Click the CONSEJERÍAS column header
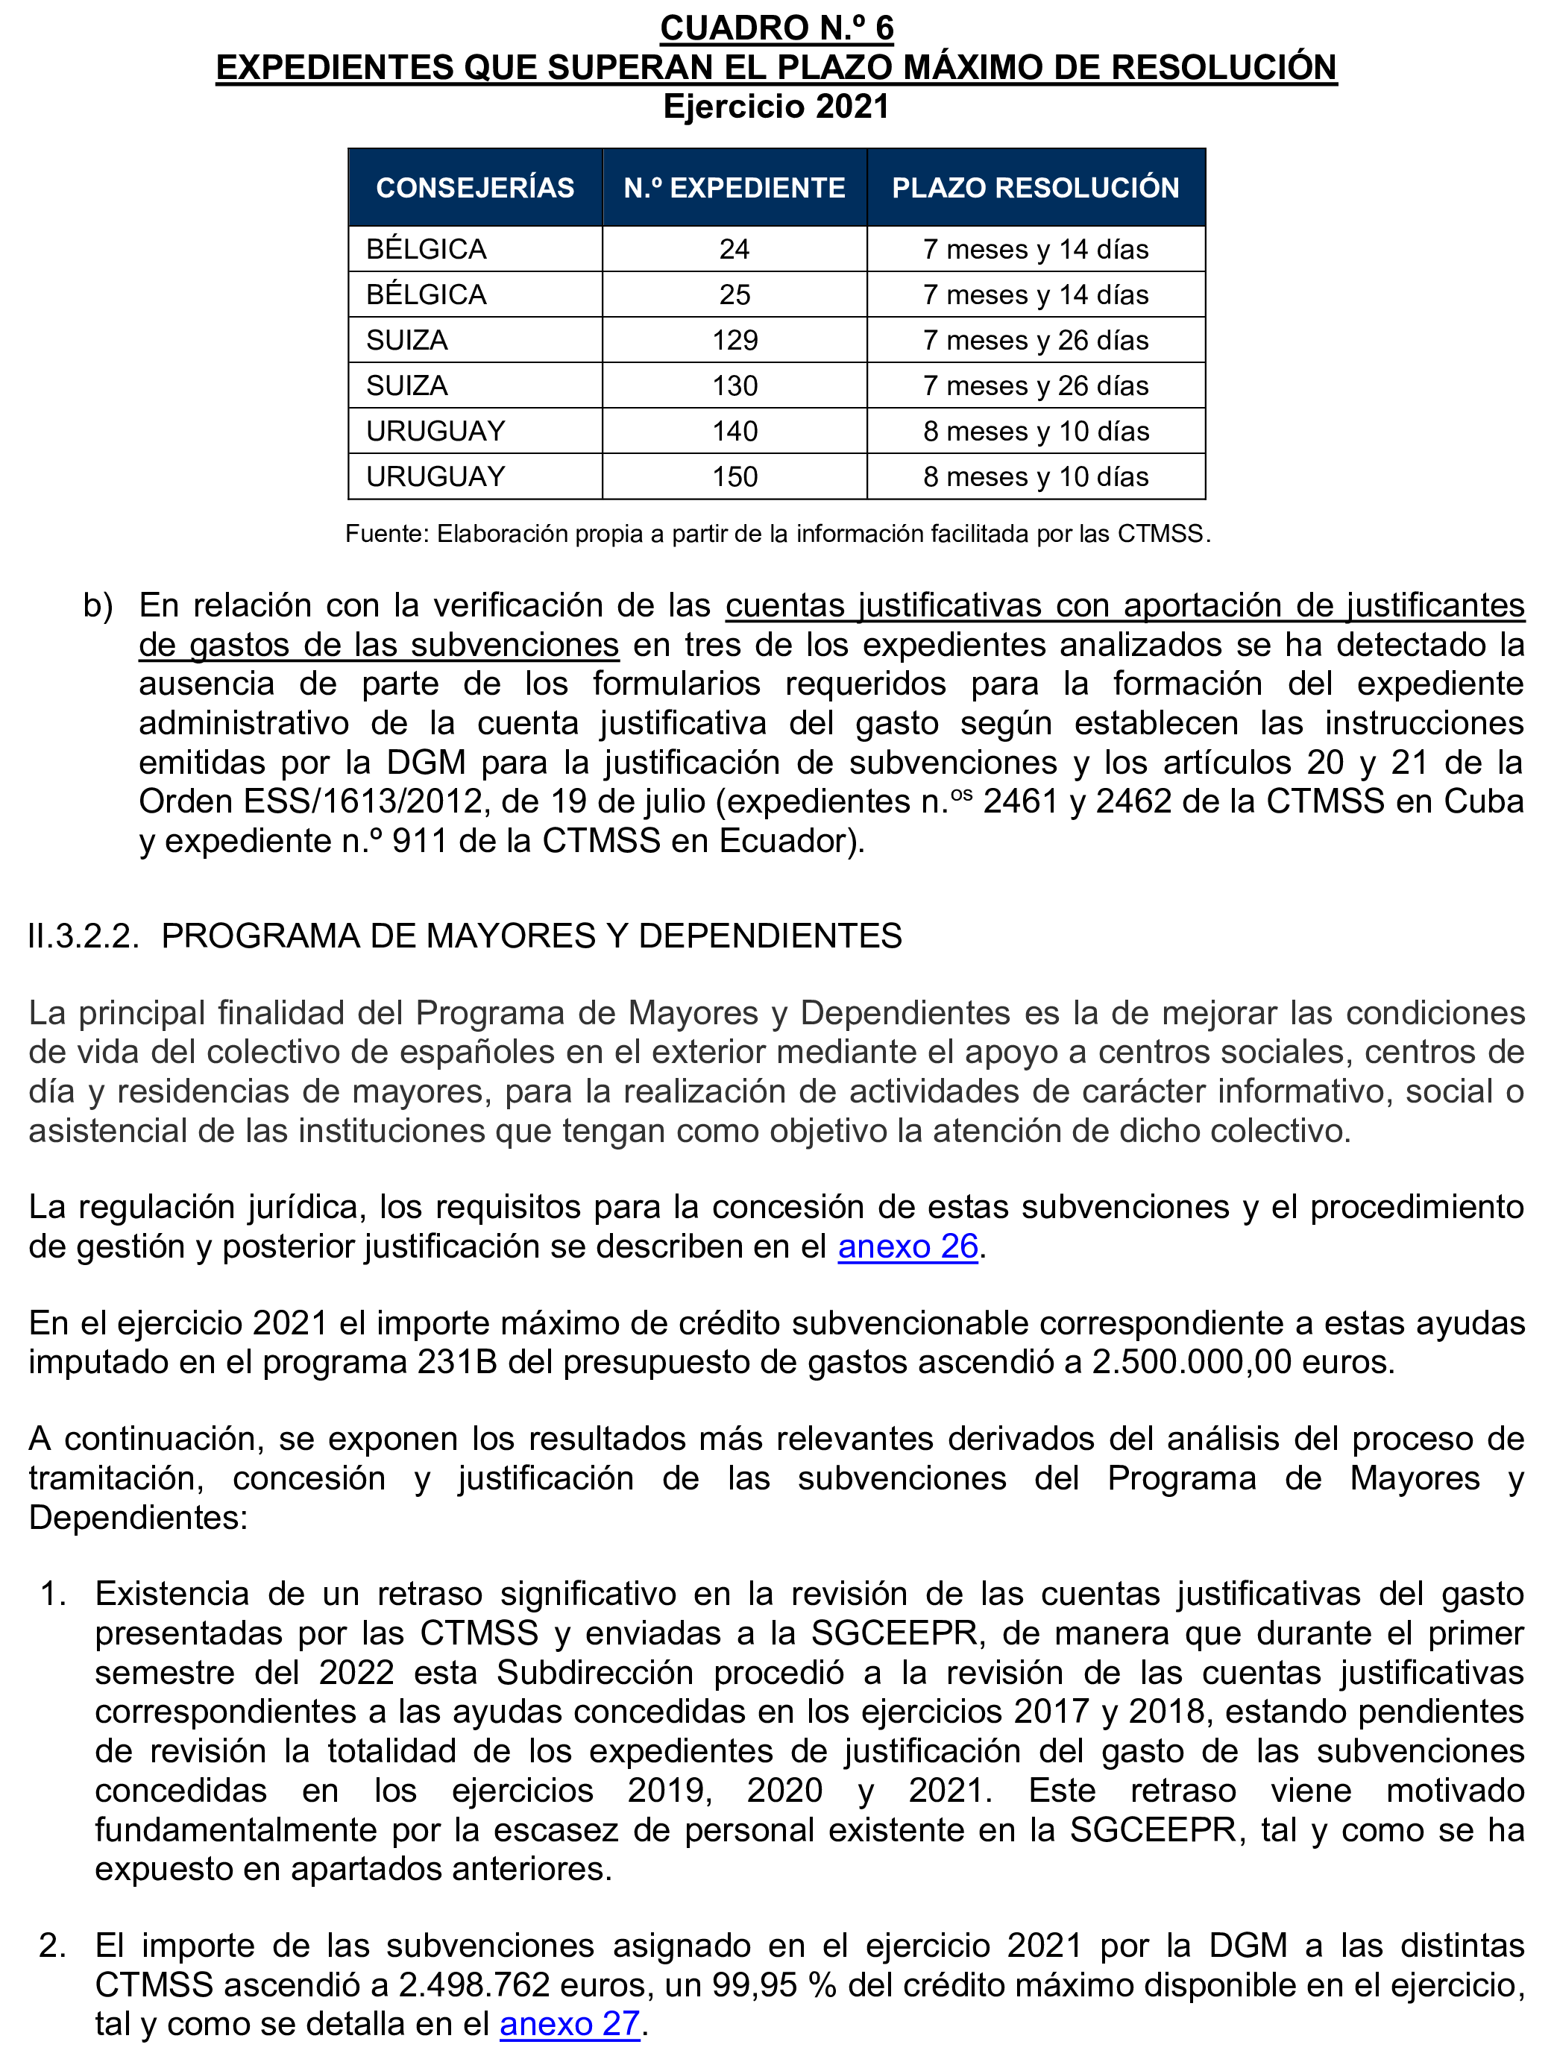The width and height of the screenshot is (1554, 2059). [x=475, y=188]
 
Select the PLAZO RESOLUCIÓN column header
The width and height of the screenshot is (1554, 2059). [x=1036, y=188]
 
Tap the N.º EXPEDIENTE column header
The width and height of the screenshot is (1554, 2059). [x=734, y=188]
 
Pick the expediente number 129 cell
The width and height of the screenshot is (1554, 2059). [x=734, y=341]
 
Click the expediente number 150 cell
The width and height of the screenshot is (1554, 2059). [x=734, y=476]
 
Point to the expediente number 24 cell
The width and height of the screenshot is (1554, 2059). [x=734, y=250]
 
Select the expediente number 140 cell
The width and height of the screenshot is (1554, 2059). [x=734, y=431]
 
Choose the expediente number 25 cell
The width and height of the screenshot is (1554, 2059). [x=734, y=295]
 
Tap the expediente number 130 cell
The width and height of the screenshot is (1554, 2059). [x=734, y=386]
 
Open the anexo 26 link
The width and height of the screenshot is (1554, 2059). [x=907, y=1246]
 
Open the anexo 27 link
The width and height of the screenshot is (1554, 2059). [x=570, y=2024]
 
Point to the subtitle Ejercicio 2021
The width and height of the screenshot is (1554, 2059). [x=776, y=107]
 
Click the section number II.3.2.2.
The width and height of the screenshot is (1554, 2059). [x=84, y=936]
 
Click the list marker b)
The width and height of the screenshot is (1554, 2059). [x=98, y=606]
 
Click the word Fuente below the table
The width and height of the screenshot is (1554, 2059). [x=386, y=535]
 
